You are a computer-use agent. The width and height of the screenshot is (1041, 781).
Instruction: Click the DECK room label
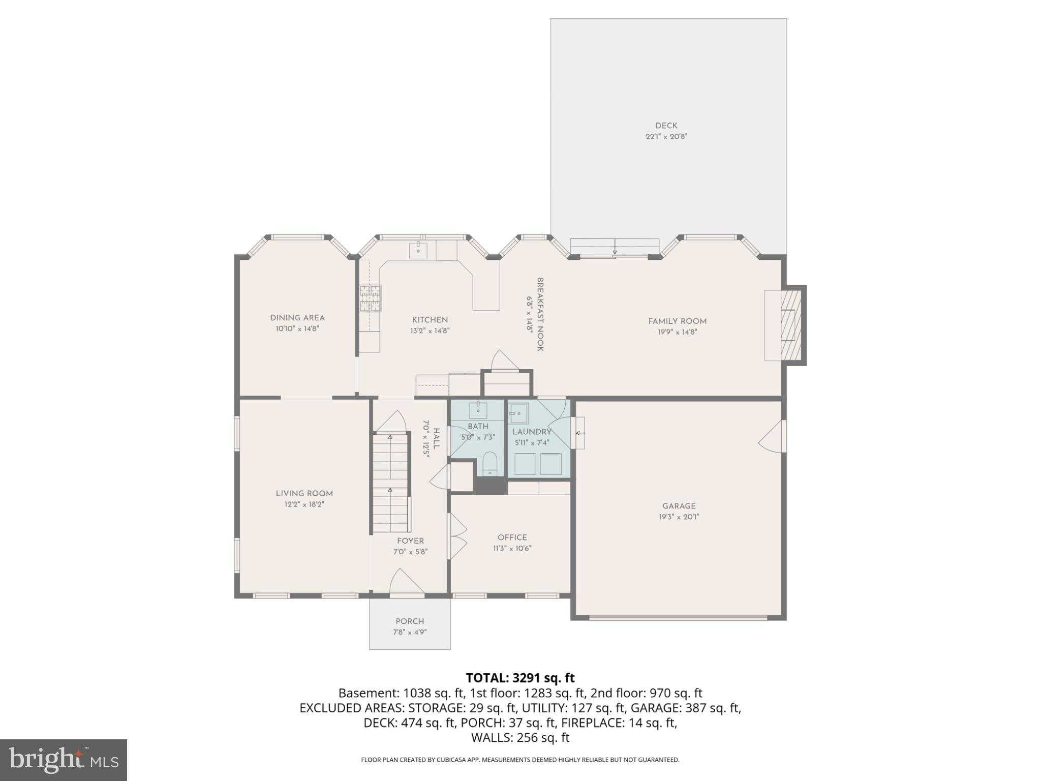[x=666, y=126]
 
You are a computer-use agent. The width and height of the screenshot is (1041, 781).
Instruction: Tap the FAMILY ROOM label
[x=677, y=321]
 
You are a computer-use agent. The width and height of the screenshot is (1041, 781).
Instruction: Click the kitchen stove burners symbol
[x=371, y=298]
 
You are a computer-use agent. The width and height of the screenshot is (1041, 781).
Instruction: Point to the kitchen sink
[x=418, y=249]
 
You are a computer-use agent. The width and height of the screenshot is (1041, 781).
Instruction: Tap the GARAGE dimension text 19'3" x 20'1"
[x=679, y=517]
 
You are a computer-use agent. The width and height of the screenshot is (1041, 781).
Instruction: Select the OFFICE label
[x=512, y=537]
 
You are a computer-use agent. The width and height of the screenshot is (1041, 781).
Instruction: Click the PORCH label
[x=410, y=621]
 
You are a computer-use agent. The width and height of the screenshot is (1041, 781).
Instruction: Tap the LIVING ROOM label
[x=304, y=494]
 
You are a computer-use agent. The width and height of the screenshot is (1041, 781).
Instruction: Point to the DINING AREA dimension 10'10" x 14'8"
[x=297, y=329]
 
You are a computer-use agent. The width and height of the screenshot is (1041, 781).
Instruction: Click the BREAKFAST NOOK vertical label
[x=540, y=314]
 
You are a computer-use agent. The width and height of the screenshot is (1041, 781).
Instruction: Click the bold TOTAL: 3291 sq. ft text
[x=520, y=678]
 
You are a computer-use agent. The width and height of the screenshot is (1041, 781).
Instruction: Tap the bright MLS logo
[x=64, y=760]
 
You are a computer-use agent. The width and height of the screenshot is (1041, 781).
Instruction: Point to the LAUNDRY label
[x=532, y=432]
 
